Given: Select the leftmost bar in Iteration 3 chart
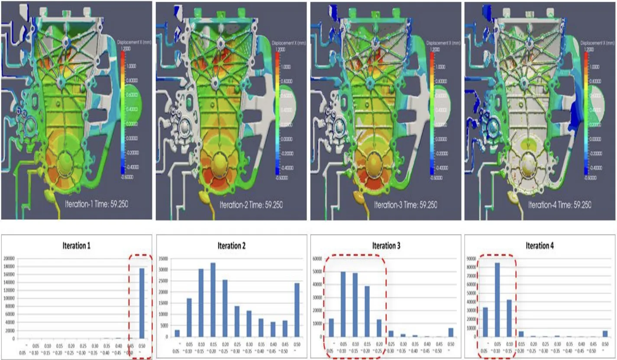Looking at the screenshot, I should click(332, 328).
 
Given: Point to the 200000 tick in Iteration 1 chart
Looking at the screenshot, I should click(13, 258).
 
